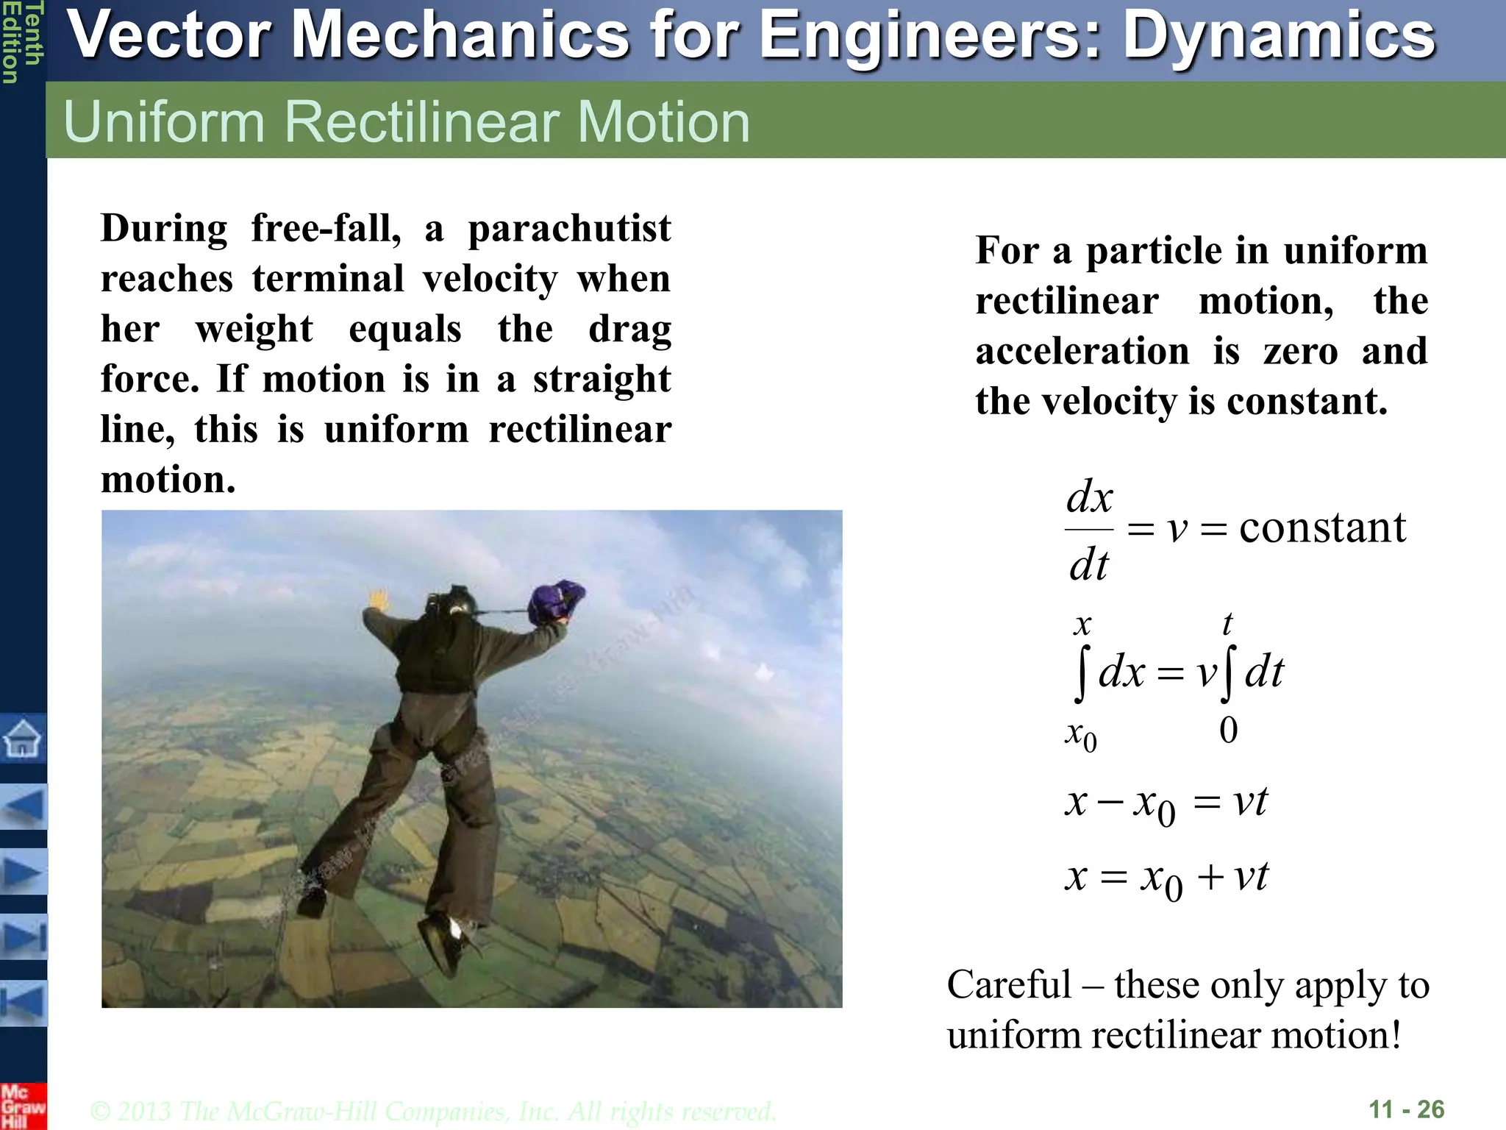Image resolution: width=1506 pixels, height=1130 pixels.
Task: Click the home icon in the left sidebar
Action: [22, 738]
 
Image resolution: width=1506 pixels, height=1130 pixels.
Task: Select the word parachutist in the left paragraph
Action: [569, 229]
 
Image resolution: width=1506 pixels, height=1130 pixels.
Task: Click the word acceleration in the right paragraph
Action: [1082, 351]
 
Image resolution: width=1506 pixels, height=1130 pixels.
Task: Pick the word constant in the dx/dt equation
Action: [1322, 527]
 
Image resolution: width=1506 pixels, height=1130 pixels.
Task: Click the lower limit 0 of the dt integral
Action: [1228, 731]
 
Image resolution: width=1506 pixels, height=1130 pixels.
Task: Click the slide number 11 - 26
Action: [1406, 1109]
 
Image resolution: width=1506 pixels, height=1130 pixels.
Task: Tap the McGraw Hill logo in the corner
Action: [22, 1106]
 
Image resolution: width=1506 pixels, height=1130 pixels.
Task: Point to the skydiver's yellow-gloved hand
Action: [379, 599]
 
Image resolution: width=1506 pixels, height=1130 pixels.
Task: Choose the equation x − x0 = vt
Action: [1166, 803]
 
